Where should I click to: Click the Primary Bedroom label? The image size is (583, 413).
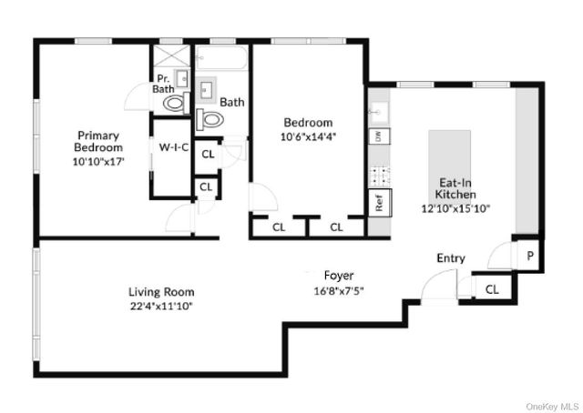point(98,141)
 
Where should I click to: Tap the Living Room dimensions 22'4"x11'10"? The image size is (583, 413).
point(161,306)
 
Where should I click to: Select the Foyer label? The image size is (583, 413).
point(338,275)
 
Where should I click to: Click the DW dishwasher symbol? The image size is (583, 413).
point(376,136)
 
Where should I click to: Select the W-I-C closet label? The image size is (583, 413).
point(173,147)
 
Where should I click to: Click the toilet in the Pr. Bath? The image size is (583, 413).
point(172,104)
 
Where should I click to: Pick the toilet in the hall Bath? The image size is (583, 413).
point(210,119)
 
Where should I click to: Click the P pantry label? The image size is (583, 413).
point(530,257)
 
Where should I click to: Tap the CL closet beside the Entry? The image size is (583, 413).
point(492,290)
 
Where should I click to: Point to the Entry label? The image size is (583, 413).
point(451,258)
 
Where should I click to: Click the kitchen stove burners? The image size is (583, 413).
point(376,172)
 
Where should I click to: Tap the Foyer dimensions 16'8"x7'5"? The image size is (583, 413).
point(338,291)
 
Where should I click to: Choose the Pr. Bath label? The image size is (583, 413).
point(164,83)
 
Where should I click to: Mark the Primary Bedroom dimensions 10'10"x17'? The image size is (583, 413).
point(98,161)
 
